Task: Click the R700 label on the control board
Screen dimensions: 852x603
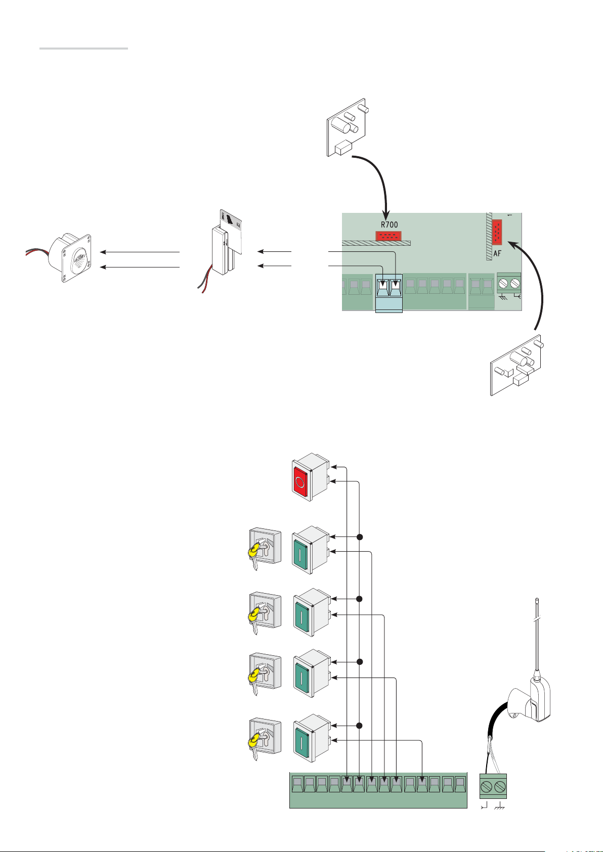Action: [389, 225]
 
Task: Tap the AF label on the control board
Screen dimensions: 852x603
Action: [497, 253]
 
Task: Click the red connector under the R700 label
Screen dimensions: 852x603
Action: [387, 235]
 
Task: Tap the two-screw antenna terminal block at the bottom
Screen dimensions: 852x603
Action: [493, 787]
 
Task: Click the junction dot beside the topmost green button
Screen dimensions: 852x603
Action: [360, 536]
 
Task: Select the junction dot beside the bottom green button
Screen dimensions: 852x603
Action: [360, 726]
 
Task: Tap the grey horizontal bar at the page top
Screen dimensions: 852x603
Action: [83, 49]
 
